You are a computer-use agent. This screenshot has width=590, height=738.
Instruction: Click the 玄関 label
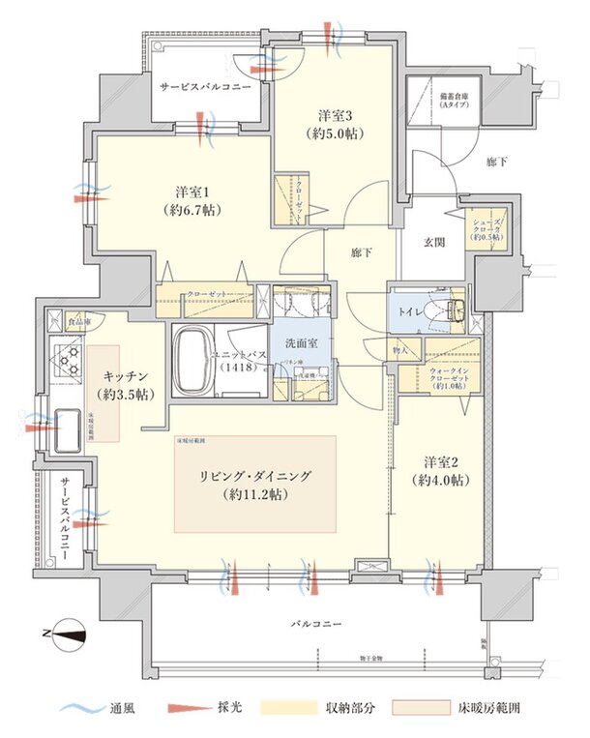433,242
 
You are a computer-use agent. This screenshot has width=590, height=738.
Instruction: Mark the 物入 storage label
401,347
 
